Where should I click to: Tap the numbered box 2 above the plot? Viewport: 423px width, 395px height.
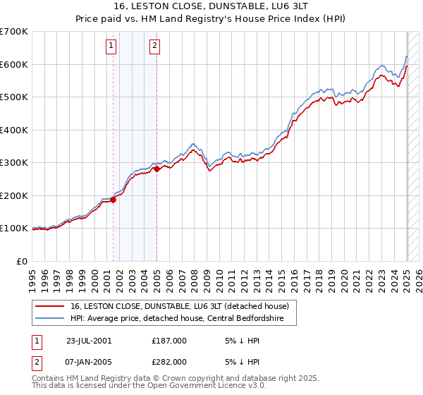(x=154, y=47)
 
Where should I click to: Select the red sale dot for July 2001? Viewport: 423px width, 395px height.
(x=113, y=200)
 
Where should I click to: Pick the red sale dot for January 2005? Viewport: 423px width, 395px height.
(x=157, y=169)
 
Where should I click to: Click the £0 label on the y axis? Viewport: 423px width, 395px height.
(x=22, y=261)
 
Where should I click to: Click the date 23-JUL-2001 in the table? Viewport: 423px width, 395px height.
(x=89, y=340)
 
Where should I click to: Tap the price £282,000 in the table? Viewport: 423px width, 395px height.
(x=169, y=361)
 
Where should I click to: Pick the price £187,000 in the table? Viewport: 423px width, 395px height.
(x=169, y=340)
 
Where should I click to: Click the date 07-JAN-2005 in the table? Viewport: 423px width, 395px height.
(x=89, y=361)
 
